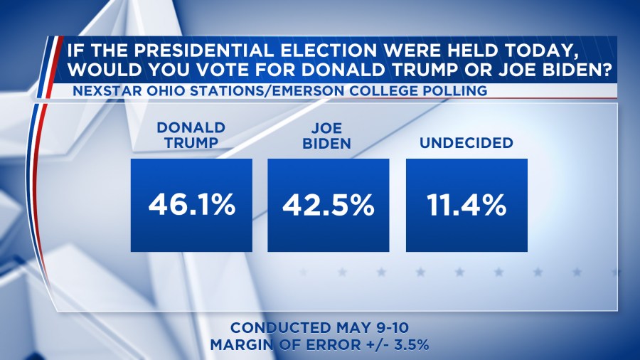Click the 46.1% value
[191, 205]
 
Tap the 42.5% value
[328, 205]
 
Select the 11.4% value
[466, 205]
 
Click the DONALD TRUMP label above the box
[191, 134]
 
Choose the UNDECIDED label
[466, 142]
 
